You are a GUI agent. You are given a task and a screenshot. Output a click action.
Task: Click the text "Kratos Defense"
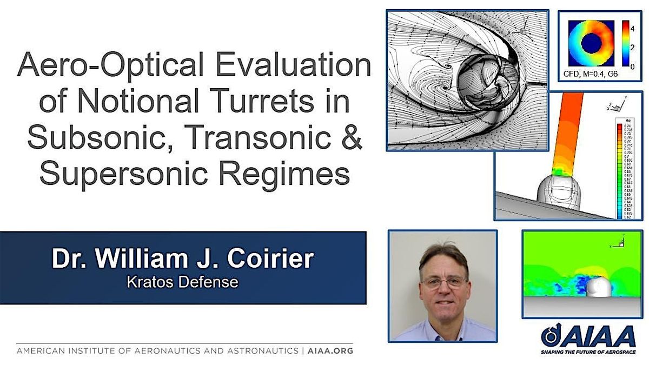pyautogui.click(x=182, y=282)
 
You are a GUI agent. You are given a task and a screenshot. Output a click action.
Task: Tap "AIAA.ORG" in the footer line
pyautogui.click(x=330, y=351)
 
